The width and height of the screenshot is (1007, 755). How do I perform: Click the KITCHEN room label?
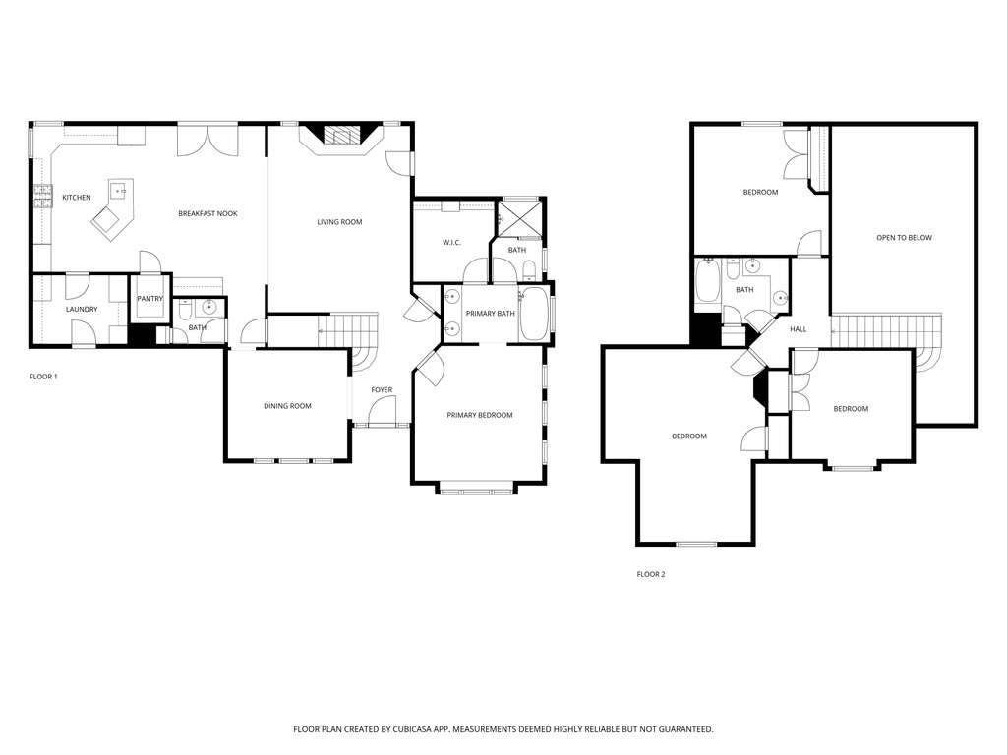[x=77, y=198]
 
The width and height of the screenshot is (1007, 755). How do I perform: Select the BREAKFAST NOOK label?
[x=207, y=213]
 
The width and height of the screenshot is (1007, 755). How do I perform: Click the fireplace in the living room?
[x=340, y=137]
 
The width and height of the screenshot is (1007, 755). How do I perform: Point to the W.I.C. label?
[x=452, y=242]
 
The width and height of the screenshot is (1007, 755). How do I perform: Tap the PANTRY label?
[x=150, y=299]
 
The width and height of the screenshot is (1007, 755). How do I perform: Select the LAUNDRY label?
[x=82, y=310]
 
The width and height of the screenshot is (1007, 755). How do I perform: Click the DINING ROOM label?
[x=287, y=406]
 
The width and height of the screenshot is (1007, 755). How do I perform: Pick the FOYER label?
[x=382, y=390]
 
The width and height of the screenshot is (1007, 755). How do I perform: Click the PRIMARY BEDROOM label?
[x=480, y=415]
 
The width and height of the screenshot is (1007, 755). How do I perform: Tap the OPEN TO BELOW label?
[x=905, y=238]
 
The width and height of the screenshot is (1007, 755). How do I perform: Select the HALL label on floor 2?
[x=799, y=329]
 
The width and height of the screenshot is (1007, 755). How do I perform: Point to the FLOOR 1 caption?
[x=43, y=377]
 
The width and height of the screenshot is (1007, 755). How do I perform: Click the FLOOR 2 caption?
[x=651, y=574]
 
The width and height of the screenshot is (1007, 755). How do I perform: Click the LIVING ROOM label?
[x=339, y=222]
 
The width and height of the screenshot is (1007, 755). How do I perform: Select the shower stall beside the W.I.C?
[x=518, y=218]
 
